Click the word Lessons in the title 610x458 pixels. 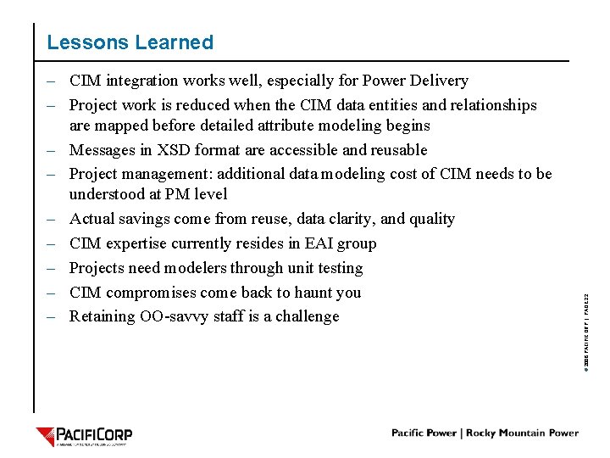pos(81,42)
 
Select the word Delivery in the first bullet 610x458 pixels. pos(440,81)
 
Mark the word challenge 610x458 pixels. pos(308,316)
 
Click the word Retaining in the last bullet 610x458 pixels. pos(99,316)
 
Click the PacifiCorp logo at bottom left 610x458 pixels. pos(84,437)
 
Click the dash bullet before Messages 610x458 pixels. pos(53,150)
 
